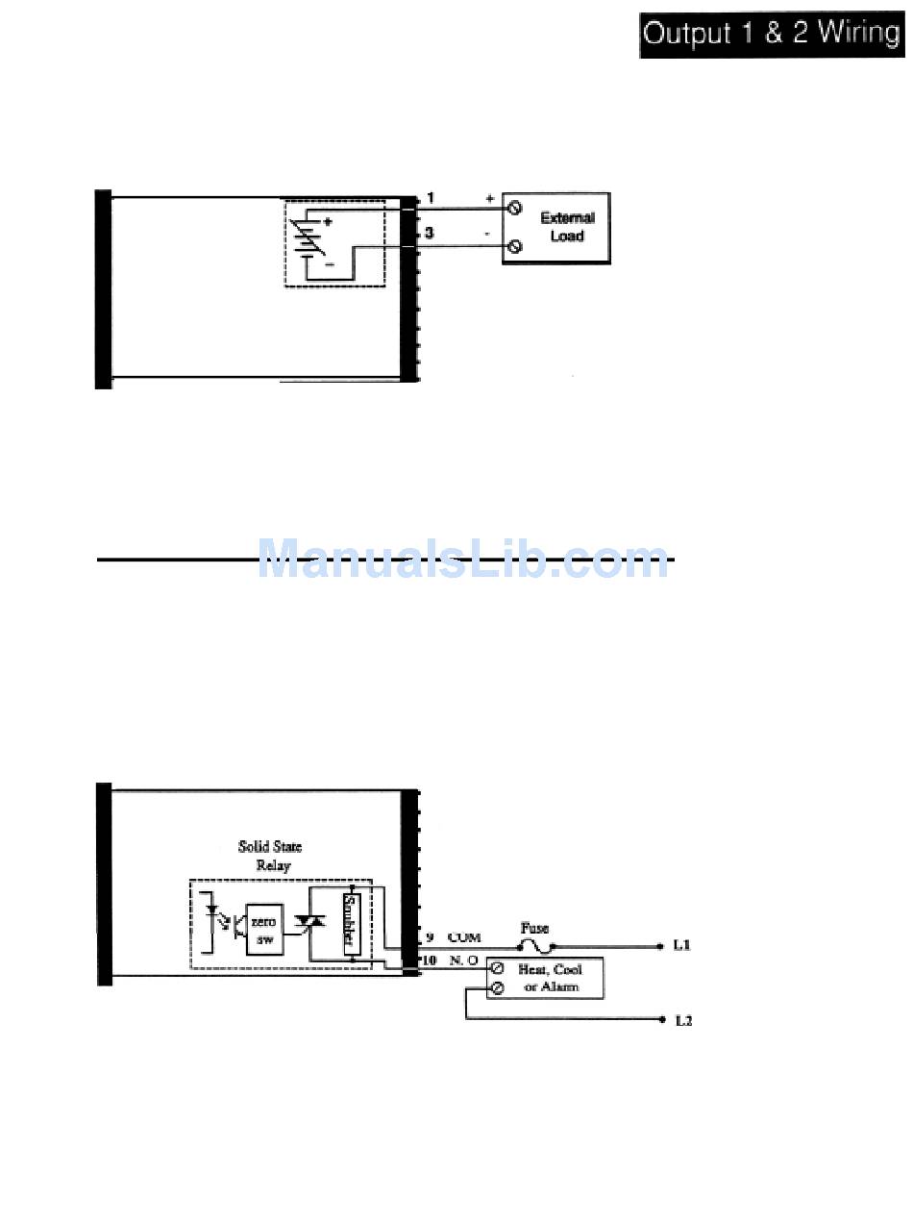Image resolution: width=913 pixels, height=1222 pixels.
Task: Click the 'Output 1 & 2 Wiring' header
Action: (772, 35)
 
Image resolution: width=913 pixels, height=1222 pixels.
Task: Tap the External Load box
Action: (556, 228)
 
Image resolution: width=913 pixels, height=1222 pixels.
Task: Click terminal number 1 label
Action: (430, 198)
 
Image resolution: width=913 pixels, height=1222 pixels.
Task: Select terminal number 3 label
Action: (430, 233)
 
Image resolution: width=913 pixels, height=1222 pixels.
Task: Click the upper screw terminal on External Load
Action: (514, 208)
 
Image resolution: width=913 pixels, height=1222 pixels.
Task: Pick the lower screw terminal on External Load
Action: (514, 247)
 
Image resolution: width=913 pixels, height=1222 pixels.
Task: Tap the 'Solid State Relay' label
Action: (270, 855)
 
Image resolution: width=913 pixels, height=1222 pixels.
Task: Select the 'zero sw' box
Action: (263, 929)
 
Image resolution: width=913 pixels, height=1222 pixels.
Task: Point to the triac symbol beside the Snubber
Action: (309, 925)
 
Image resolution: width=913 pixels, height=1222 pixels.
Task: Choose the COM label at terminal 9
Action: (464, 937)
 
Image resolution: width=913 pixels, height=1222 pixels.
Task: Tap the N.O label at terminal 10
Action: (463, 960)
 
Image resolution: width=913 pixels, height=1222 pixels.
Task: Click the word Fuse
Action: (534, 929)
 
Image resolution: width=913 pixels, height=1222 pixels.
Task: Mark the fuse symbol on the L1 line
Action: (535, 947)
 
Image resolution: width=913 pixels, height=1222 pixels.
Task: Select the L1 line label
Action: (681, 947)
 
